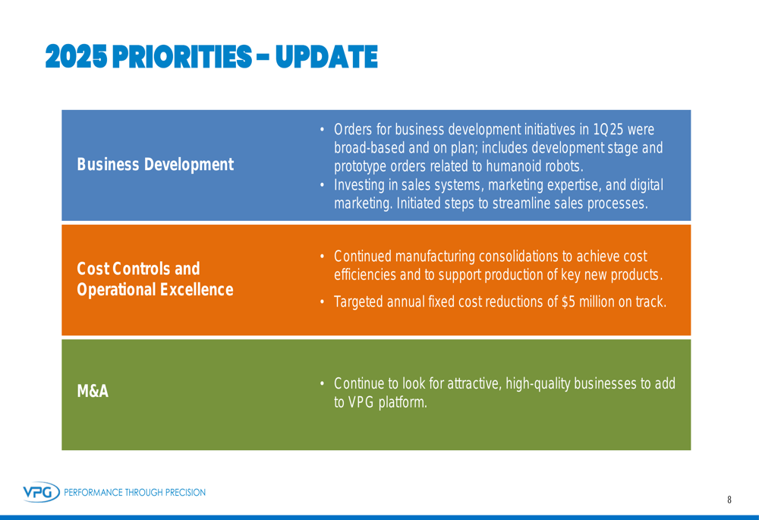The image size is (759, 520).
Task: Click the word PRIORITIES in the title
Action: [x=182, y=57]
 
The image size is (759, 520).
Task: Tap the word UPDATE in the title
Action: [x=326, y=57]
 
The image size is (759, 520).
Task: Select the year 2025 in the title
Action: [x=76, y=57]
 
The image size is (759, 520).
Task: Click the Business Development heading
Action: [x=156, y=165]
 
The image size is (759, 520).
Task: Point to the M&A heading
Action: [x=93, y=391]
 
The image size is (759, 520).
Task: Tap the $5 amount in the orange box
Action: [x=568, y=301]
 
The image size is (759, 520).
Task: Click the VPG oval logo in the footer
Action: [x=41, y=492]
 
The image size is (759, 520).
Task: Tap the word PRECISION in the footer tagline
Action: [x=185, y=493]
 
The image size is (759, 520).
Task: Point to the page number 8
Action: [x=729, y=500]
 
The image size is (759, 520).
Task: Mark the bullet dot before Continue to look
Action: [x=322, y=384]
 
